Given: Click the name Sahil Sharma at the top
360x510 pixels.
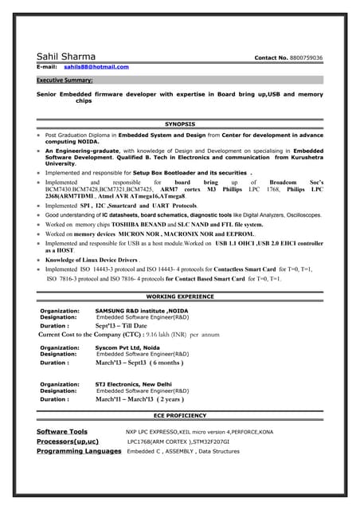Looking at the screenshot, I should tap(66, 57).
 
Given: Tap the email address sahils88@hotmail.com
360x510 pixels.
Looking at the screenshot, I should tap(96, 67).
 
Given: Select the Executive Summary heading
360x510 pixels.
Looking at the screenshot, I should tap(65, 80).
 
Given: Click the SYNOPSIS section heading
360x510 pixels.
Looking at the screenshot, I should tap(179, 124).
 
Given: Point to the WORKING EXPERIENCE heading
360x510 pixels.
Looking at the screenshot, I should tap(180, 296).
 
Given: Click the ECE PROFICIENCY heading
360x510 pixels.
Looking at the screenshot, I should tap(180, 416).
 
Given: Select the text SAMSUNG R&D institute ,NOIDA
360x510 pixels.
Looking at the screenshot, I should tap(142, 310).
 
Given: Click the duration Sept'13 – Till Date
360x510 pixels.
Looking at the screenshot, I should tap(121, 325).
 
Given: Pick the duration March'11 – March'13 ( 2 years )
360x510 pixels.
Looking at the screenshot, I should tap(139, 398).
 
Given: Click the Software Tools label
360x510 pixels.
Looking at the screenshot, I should tap(62, 431).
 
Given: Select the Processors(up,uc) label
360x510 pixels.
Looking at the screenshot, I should tap(68, 441).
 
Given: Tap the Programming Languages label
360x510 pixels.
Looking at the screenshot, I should tap(79, 451).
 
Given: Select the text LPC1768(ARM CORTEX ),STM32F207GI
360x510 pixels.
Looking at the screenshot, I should tap(178, 441).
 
